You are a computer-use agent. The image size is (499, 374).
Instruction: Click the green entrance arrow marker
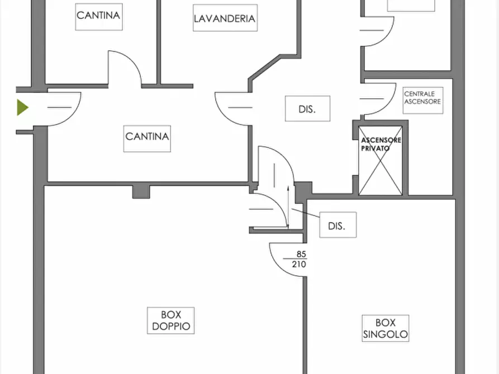click(22, 107)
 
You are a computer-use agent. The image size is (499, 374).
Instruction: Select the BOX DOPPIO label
click(171, 320)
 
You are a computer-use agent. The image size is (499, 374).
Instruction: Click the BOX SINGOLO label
click(385, 329)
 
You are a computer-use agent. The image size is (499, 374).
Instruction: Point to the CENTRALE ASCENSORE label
click(422, 98)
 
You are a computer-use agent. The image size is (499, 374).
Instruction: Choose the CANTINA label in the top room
click(98, 15)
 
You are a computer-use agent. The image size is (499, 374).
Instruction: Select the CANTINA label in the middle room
click(147, 136)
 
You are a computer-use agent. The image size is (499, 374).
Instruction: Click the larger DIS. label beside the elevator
click(307, 109)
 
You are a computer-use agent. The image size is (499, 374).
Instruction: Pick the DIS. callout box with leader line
click(338, 226)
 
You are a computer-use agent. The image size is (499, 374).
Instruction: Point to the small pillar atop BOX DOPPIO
click(141, 191)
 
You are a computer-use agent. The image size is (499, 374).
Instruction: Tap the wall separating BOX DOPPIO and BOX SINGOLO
click(305, 313)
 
